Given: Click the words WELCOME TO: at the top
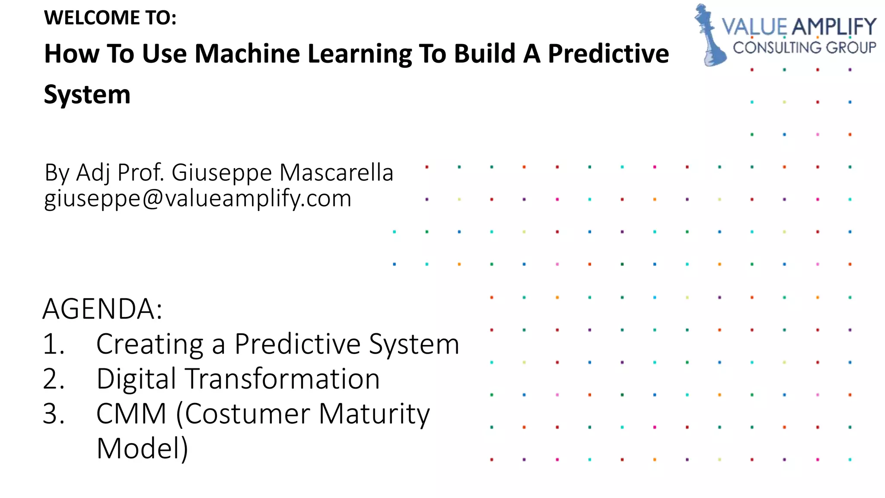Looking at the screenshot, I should pyautogui.click(x=110, y=18).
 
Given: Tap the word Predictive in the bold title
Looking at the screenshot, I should pyautogui.click(x=608, y=54).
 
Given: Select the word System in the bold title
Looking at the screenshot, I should pyautogui.click(x=87, y=95).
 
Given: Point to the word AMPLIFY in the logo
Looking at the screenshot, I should pyautogui.click(x=834, y=27).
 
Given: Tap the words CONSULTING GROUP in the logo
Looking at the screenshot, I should pyautogui.click(x=804, y=48).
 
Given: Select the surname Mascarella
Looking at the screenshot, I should pyautogui.click(x=336, y=172).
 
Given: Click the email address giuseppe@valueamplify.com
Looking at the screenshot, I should pyautogui.click(x=198, y=199).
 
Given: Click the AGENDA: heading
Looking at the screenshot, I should pyautogui.click(x=103, y=309).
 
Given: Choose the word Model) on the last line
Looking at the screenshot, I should pyautogui.click(x=143, y=449).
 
